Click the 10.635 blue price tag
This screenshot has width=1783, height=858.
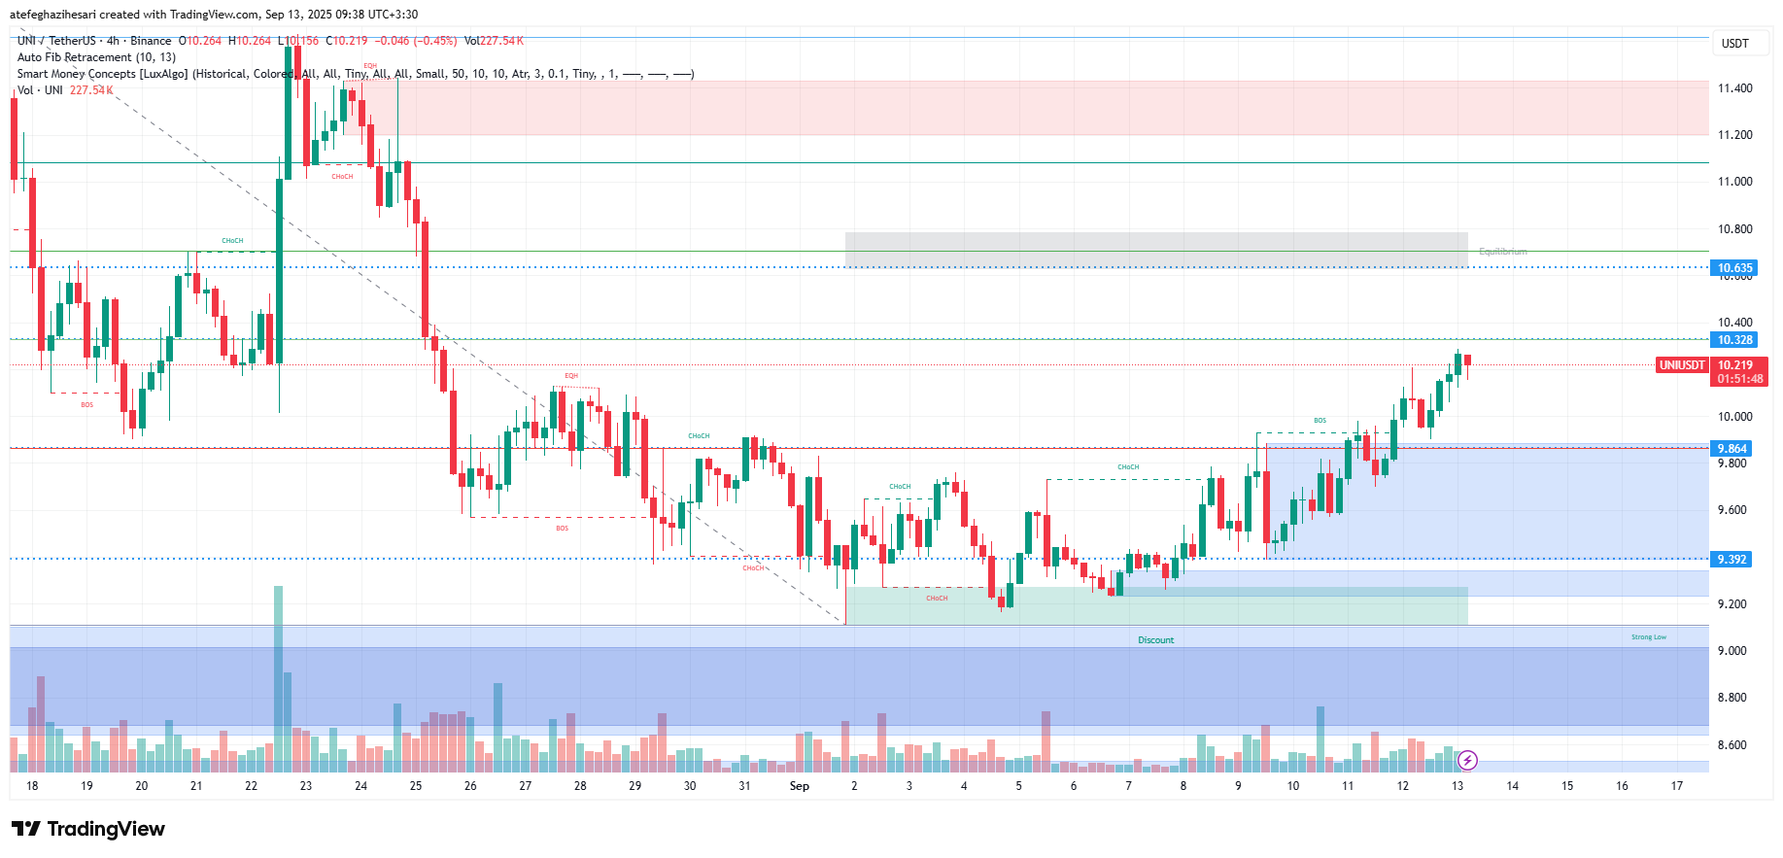pos(1734,268)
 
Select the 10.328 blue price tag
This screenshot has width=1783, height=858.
pos(1734,340)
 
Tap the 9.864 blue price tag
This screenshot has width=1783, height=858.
pos(1732,449)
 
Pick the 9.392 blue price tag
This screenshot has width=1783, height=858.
pos(1732,560)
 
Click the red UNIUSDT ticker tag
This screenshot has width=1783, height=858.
pos(1682,365)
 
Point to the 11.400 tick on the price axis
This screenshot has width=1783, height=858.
pos(1734,88)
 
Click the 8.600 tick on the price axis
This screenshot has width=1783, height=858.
pos(1734,745)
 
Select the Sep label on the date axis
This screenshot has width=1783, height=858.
pos(799,786)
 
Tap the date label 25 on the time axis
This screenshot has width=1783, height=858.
pos(416,786)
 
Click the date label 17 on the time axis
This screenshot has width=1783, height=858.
pos(1677,786)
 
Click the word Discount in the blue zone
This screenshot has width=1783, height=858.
pos(1155,640)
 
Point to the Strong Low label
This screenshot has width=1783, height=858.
pos(1648,637)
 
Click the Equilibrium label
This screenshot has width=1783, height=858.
pos(1502,252)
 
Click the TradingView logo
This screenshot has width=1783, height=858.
pos(88,829)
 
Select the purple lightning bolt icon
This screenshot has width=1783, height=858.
pos(1468,760)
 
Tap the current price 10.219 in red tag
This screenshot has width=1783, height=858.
pos(1735,365)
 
